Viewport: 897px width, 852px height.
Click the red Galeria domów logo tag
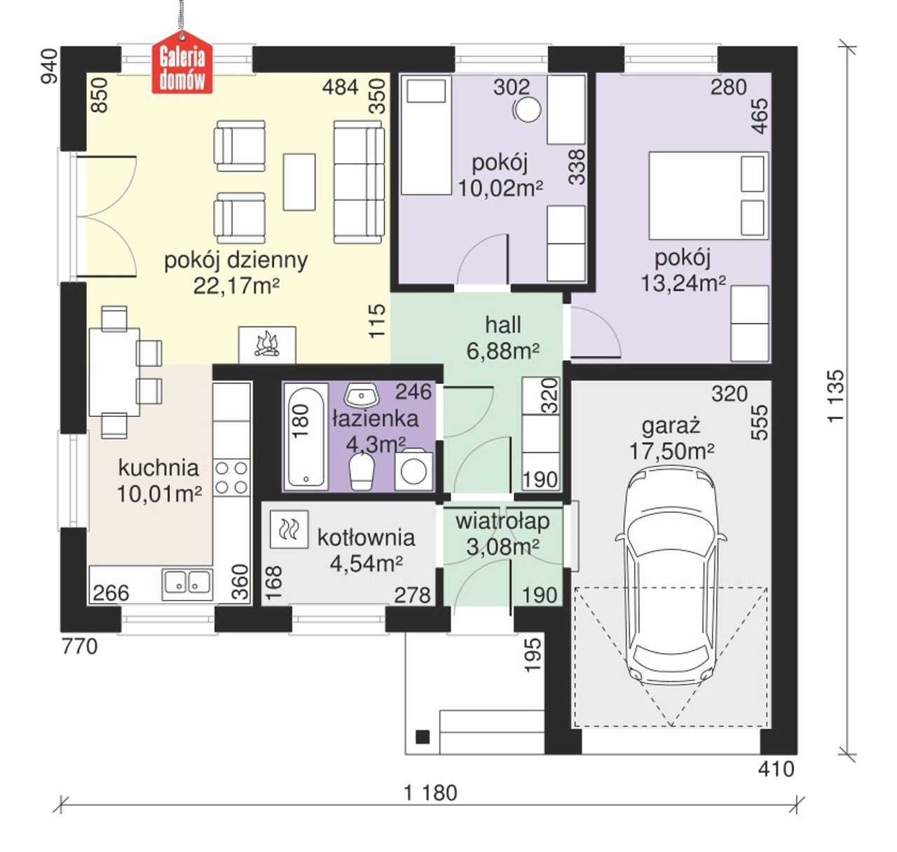tap(182, 62)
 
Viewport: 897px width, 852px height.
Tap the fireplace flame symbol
tap(268, 344)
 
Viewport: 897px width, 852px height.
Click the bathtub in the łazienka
tap(306, 437)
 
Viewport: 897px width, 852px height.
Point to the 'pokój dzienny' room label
tap(236, 261)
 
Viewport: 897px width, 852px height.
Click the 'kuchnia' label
tap(158, 468)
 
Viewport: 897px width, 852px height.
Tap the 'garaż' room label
tap(671, 427)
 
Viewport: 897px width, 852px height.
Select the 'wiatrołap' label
tap(502, 521)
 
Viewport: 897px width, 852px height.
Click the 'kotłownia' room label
tap(366, 538)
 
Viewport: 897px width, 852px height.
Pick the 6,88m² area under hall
tap(502, 352)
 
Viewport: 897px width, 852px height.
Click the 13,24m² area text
tap(683, 283)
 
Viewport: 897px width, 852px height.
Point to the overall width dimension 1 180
tap(430, 792)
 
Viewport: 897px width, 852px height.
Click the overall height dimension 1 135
tap(836, 396)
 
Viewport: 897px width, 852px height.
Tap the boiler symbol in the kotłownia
tap(289, 530)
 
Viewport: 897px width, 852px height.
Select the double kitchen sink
tap(187, 584)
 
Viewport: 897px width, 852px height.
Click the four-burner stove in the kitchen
tap(231, 478)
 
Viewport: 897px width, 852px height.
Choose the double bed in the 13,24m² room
tap(708, 195)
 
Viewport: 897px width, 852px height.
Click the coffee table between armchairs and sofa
tap(299, 182)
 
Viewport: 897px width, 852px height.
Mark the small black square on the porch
tap(423, 737)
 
